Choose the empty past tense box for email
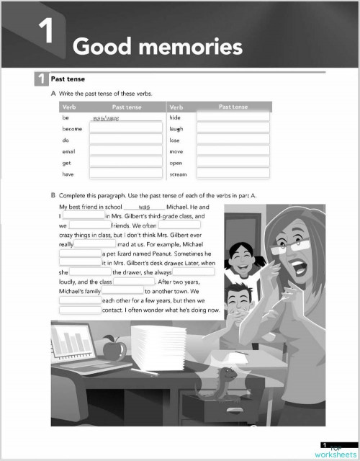pos(125,151)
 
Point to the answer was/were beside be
pos(106,117)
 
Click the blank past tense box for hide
pos(232,117)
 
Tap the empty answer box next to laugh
pos(232,128)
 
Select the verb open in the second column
pos(176,163)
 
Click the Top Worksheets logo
pos(334,450)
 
